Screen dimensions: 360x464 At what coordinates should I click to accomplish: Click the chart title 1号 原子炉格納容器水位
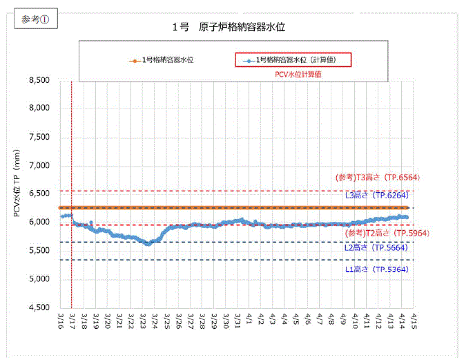(229, 28)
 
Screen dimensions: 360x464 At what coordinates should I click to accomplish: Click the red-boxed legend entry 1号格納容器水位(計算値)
(293, 60)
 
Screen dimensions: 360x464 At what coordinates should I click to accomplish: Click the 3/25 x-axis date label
(168, 322)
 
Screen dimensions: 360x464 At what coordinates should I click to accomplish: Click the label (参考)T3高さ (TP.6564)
(377, 178)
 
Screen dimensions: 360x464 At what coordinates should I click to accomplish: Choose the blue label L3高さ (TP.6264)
(377, 196)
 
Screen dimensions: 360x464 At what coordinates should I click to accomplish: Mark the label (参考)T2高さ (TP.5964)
(377, 233)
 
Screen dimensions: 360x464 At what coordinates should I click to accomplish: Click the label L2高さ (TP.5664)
(377, 247)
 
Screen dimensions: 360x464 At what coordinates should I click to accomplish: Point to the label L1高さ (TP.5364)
(377, 269)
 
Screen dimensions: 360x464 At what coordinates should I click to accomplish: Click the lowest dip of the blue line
(148, 243)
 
